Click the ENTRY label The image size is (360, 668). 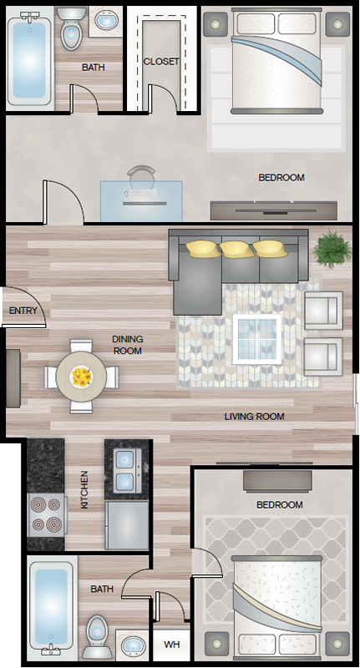point(23,311)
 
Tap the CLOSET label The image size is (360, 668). point(161,61)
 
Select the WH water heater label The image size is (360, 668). point(172,645)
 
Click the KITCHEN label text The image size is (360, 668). point(85,489)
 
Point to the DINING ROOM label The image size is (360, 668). point(128,345)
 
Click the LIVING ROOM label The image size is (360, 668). point(255,417)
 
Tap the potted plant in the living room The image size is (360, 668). point(332,249)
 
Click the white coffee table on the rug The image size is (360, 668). point(257,339)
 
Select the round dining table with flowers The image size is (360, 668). point(81,377)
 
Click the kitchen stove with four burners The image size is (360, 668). point(48,515)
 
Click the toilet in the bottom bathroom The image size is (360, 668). point(97,637)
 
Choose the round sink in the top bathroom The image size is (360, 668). point(105,20)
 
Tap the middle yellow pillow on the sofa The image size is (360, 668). point(236,249)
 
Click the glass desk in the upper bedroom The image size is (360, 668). point(141,201)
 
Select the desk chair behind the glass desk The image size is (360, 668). point(141,174)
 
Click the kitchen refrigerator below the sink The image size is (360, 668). point(127,525)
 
